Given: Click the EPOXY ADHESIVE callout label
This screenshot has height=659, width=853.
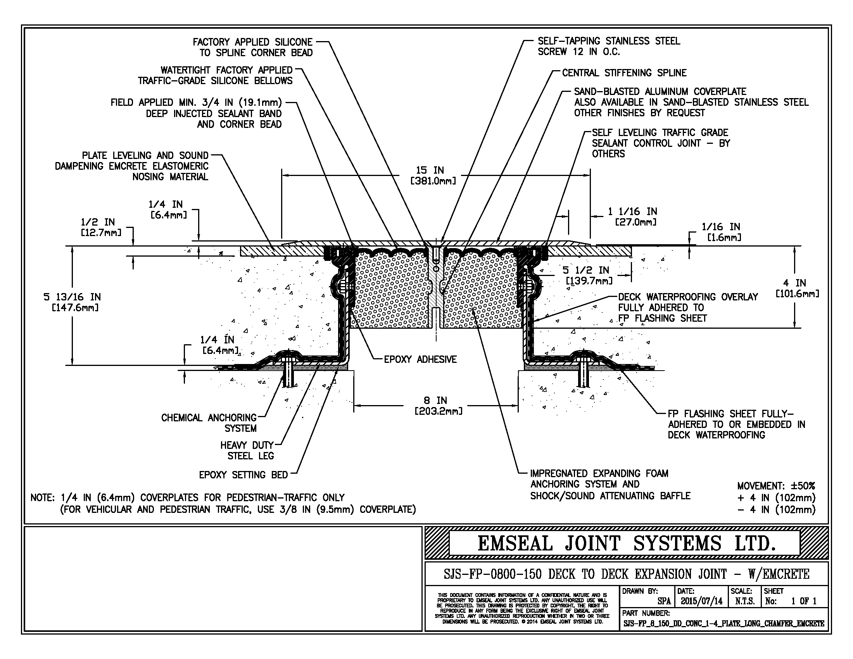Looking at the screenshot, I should (420, 360).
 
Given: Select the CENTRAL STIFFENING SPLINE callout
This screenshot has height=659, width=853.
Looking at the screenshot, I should (624, 73).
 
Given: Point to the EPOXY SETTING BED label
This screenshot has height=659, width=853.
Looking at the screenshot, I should (243, 475).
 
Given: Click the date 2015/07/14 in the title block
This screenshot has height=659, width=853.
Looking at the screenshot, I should (701, 601).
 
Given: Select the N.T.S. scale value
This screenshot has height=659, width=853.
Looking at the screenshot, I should (744, 601).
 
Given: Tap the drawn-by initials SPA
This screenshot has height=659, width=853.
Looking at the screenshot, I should (664, 601).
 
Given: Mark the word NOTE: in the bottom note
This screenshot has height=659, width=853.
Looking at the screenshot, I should (43, 498).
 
